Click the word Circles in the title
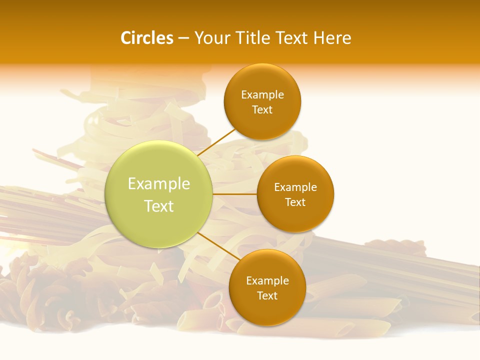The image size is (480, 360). (x=146, y=38)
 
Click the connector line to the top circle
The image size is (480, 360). (x=216, y=143)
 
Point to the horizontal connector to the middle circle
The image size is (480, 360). (x=235, y=194)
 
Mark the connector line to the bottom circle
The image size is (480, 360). (x=218, y=246)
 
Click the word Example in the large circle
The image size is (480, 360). (x=159, y=183)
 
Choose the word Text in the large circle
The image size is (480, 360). (x=159, y=206)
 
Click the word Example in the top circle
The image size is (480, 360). (x=262, y=94)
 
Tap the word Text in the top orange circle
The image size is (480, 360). (x=262, y=109)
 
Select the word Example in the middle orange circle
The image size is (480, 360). (x=295, y=187)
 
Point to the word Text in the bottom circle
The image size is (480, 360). (x=267, y=295)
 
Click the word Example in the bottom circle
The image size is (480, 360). (x=267, y=280)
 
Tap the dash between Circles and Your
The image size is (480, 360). (x=183, y=38)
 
